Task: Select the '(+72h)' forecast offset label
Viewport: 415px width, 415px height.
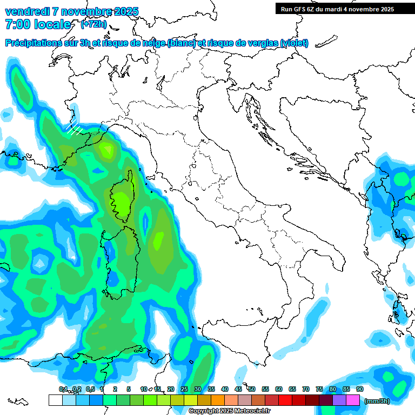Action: click(93, 24)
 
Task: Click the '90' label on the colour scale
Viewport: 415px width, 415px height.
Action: click(359, 389)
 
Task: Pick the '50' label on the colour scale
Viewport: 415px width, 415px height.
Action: click(252, 389)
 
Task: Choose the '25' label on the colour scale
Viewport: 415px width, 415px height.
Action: click(184, 389)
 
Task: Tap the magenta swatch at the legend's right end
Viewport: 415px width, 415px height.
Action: click(353, 400)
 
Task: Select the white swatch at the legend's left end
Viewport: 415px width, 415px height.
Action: click(55, 400)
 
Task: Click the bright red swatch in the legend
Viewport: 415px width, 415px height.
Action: click(285, 400)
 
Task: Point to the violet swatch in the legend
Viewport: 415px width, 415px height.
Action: click(339, 400)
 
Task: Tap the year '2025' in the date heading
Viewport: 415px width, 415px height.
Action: click(123, 11)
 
